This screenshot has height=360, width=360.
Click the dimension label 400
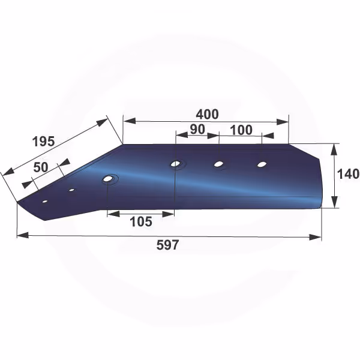pyautogui.click(x=207, y=114)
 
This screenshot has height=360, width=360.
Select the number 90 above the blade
pyautogui.click(x=197, y=130)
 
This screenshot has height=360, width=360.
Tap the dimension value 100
pyautogui.click(x=241, y=130)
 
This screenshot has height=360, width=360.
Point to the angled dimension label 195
pyautogui.click(x=44, y=142)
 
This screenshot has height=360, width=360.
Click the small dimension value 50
pyautogui.click(x=41, y=167)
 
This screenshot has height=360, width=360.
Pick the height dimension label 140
pyautogui.click(x=348, y=174)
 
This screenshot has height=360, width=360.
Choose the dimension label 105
pyautogui.click(x=141, y=222)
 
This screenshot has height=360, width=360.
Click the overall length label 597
pyautogui.click(x=167, y=245)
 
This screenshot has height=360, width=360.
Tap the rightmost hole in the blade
pyautogui.click(x=262, y=164)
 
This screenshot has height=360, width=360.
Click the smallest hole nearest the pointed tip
pyautogui.click(x=45, y=202)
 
